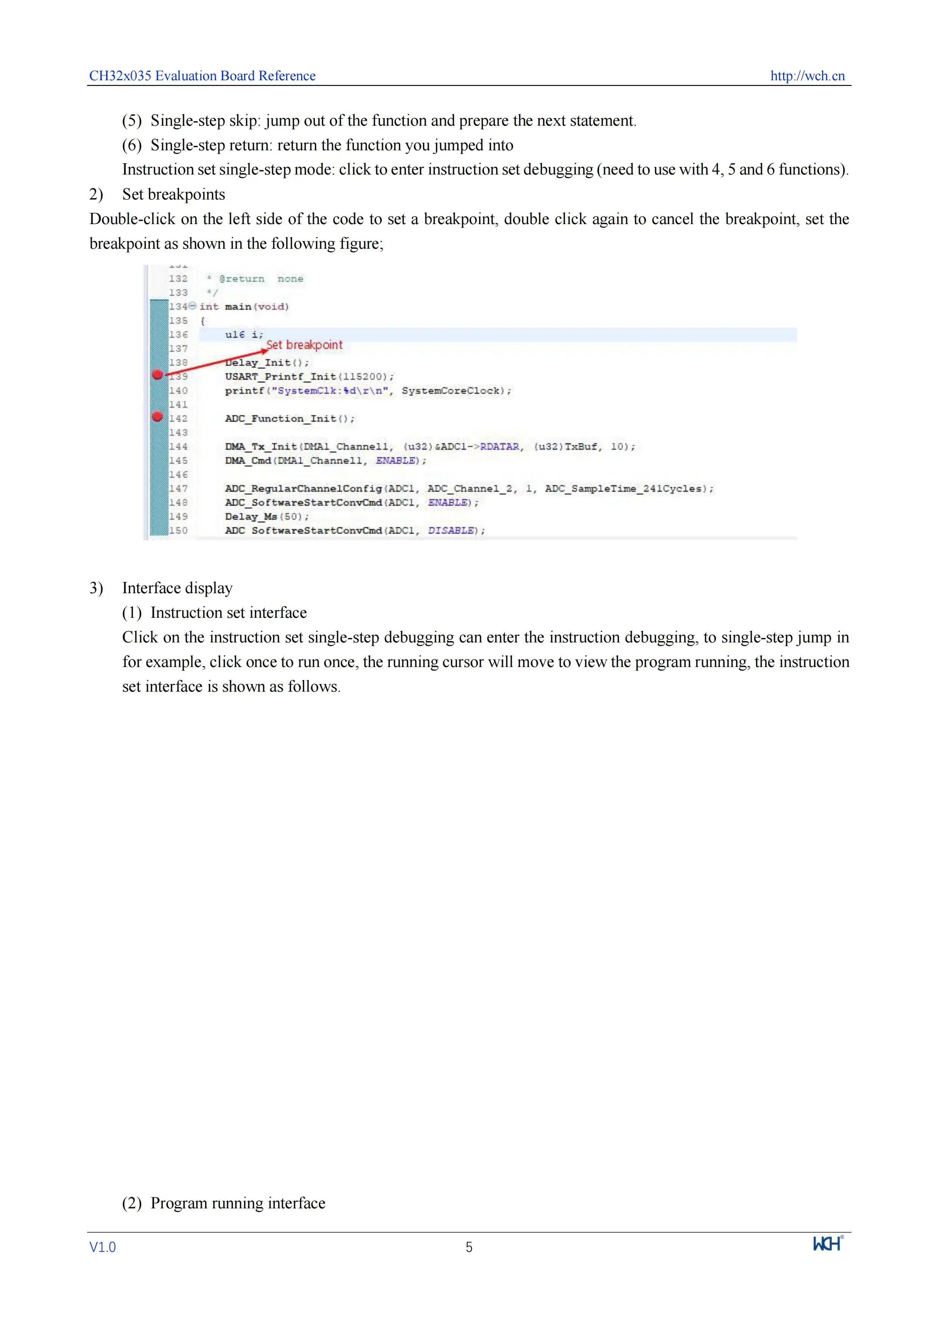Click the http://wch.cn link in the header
tap(807, 76)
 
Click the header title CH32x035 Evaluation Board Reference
tap(202, 76)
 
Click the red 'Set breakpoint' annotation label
tap(305, 345)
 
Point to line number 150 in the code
tap(178, 530)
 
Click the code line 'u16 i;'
tap(244, 334)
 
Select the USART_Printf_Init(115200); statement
tap(309, 377)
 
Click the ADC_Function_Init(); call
tap(290, 418)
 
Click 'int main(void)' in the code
tap(244, 307)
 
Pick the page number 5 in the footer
tap(469, 1247)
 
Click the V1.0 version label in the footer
tap(102, 1247)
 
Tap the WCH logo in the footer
tap(827, 1244)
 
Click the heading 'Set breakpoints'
tap(173, 194)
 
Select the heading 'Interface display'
tap(177, 588)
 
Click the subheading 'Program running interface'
tap(238, 1203)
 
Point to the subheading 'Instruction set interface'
tap(228, 613)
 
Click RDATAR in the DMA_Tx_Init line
tap(500, 447)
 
